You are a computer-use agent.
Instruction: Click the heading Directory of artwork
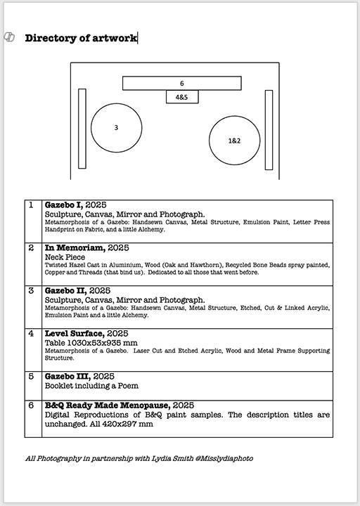pyautogui.click(x=81, y=38)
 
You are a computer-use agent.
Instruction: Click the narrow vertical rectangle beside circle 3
pyautogui.click(x=82, y=129)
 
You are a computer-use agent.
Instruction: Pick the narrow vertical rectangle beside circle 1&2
pyautogui.click(x=269, y=130)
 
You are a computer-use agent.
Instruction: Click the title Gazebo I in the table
pyautogui.click(x=63, y=205)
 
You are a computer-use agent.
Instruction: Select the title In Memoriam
pyautogui.click(x=75, y=248)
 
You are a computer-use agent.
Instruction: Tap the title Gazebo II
pyautogui.click(x=66, y=291)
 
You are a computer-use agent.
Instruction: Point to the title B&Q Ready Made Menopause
pyautogui.click(x=108, y=406)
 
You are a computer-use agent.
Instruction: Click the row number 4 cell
pyautogui.click(x=33, y=350)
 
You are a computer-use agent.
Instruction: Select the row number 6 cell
pyautogui.click(x=33, y=419)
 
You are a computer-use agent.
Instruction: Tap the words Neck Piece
pyautogui.click(x=65, y=257)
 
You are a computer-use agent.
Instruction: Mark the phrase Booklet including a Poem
pyautogui.click(x=91, y=386)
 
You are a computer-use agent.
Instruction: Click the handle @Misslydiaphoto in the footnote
pyautogui.click(x=224, y=458)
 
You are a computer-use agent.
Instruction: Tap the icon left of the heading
pyautogui.click(x=9, y=37)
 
